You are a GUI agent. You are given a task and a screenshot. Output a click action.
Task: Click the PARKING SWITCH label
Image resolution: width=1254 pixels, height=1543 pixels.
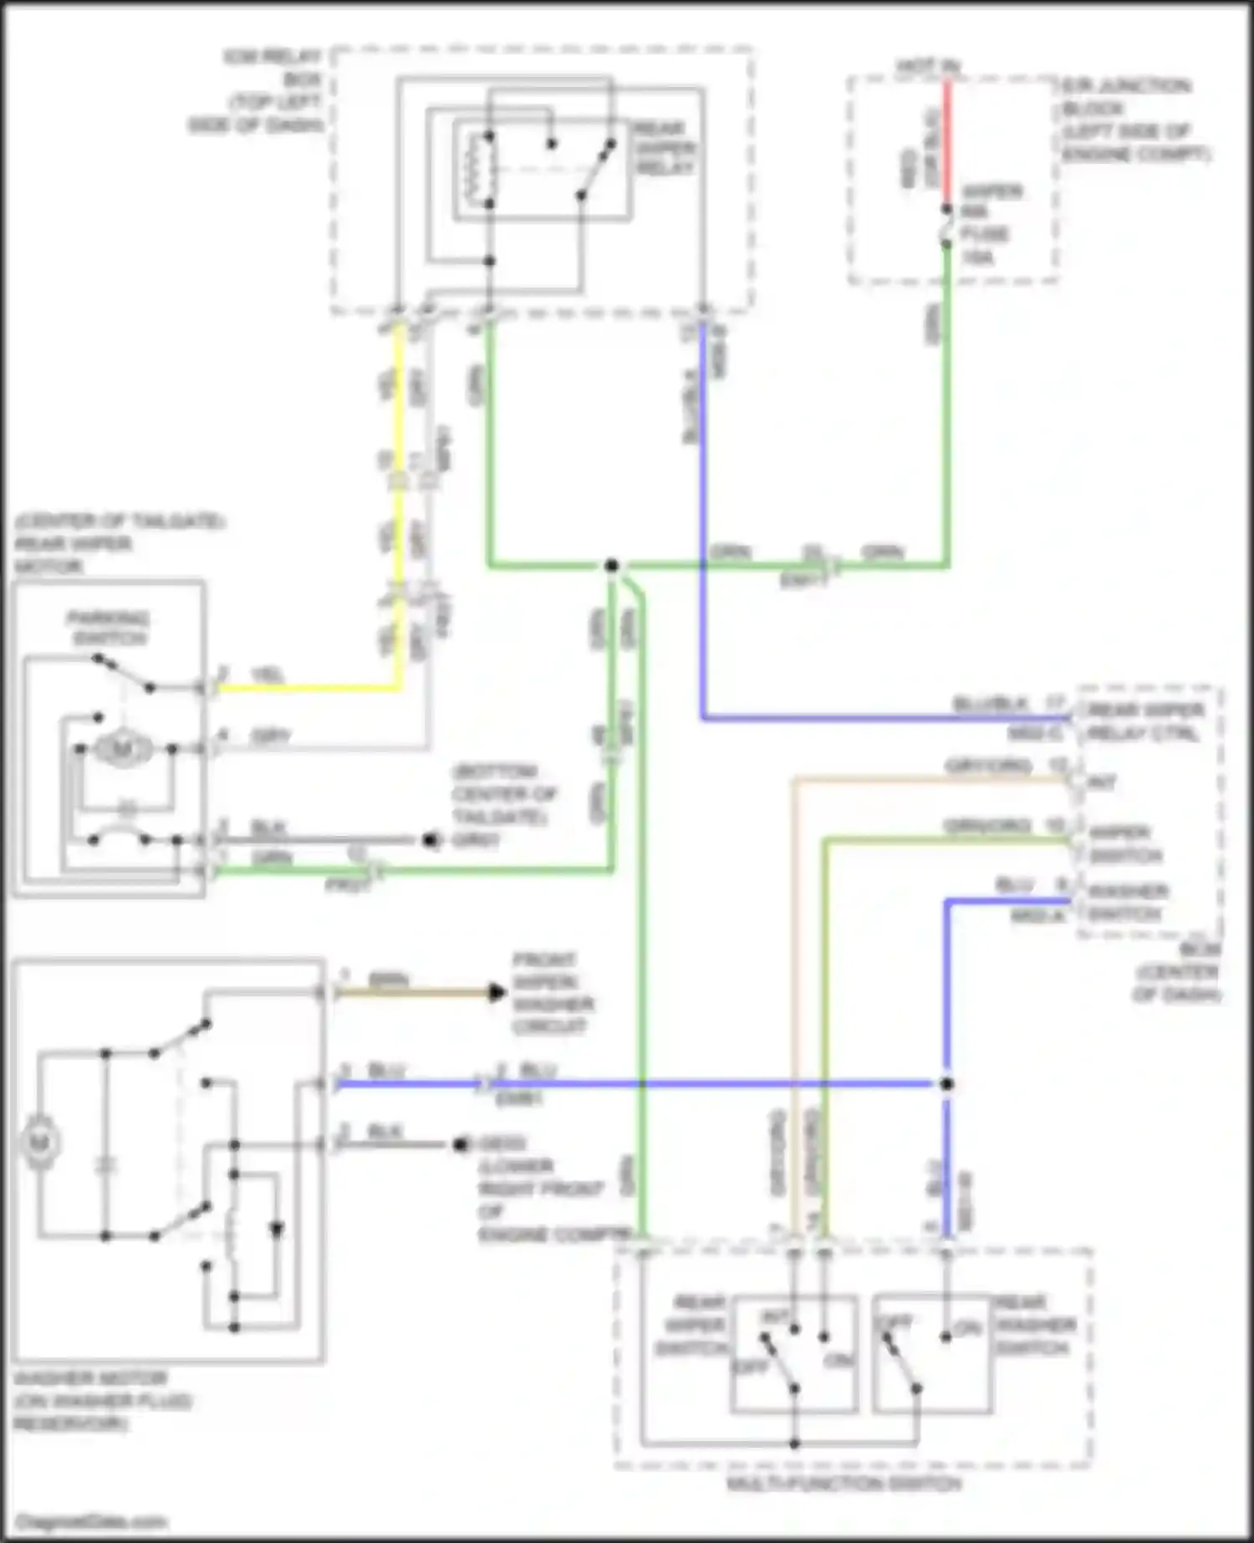pyautogui.click(x=108, y=629)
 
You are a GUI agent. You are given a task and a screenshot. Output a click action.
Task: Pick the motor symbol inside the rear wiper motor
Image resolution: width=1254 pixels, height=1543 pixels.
pyautogui.click(x=122, y=750)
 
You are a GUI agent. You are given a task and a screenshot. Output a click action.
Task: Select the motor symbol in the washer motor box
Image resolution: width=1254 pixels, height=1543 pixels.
pyautogui.click(x=40, y=1142)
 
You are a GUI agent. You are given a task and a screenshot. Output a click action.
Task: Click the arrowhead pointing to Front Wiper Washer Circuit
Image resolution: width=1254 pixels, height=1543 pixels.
pyautogui.click(x=497, y=993)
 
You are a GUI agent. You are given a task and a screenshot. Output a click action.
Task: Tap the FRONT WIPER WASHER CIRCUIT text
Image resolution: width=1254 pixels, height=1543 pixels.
pyautogui.click(x=552, y=993)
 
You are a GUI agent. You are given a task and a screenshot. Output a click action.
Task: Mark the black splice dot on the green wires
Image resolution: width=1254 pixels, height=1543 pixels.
pyautogui.click(x=612, y=566)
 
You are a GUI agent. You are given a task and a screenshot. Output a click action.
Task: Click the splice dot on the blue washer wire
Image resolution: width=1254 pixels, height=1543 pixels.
pyautogui.click(x=946, y=1084)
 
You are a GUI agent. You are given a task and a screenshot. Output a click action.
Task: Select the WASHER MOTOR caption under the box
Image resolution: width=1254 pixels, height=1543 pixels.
pyautogui.click(x=100, y=1401)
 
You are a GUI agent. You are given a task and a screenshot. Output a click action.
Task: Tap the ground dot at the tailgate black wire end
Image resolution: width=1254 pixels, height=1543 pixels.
pyautogui.click(x=431, y=840)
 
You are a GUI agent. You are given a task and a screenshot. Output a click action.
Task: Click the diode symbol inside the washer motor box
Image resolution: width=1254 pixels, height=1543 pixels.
pyautogui.click(x=276, y=1229)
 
